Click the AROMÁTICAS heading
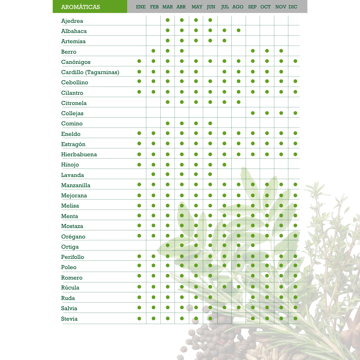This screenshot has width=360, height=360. (80, 7)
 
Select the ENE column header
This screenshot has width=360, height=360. (141, 7)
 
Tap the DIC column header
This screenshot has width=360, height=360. (293, 7)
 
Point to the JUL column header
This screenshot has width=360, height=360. (225, 7)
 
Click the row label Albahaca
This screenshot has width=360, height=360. (74, 31)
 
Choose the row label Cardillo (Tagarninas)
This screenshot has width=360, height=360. (90, 72)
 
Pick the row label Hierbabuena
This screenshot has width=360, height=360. (79, 154)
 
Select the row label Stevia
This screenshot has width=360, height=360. (69, 319)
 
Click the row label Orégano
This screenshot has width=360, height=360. (73, 237)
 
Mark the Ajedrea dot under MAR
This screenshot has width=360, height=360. (168, 20)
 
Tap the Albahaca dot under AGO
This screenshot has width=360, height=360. (238, 30)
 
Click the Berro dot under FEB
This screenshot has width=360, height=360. (154, 51)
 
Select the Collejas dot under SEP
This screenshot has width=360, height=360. (253, 113)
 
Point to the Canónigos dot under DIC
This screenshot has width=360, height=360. (295, 61)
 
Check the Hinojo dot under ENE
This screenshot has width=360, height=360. (139, 164)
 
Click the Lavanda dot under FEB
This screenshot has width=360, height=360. (154, 174)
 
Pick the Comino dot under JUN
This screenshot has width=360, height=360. (210, 123)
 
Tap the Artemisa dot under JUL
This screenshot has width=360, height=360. (224, 40)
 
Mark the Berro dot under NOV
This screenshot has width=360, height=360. (281, 51)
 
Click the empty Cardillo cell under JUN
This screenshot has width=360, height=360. (210, 72)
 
